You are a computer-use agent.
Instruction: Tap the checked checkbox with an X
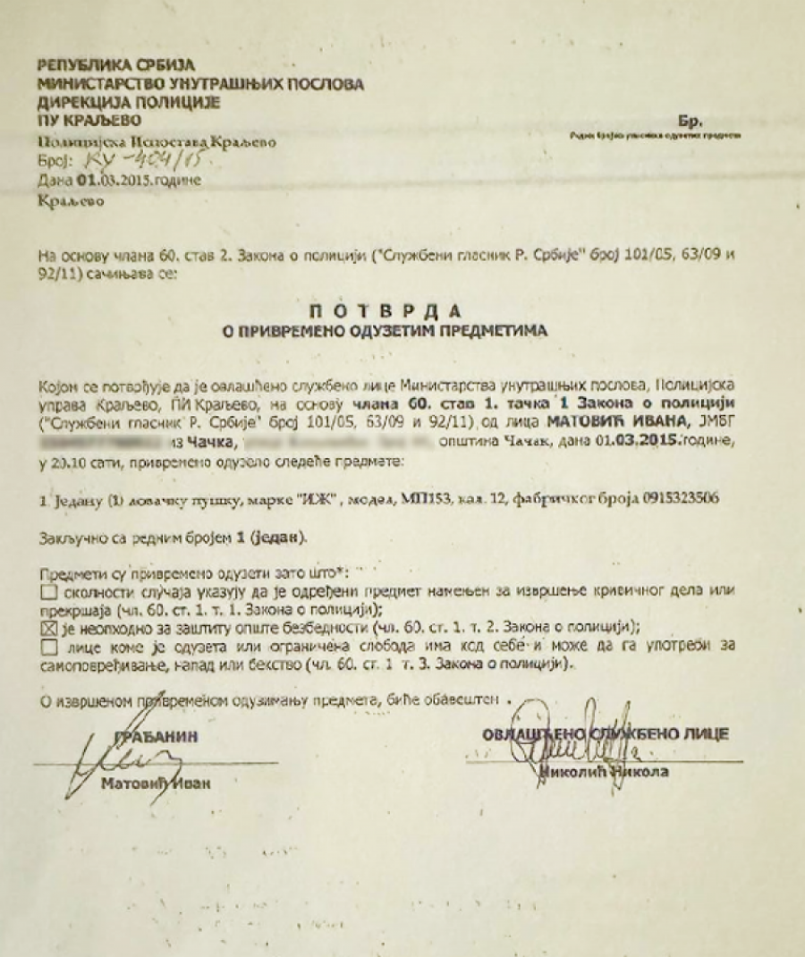click(48, 627)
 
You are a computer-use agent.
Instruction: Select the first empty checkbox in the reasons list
click(48, 591)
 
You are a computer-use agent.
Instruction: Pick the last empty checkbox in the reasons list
click(48, 647)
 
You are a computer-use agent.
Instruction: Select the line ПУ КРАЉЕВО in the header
click(89, 120)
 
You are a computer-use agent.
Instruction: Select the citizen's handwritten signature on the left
click(116, 760)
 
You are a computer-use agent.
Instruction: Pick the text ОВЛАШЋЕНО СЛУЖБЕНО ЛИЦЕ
click(605, 734)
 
